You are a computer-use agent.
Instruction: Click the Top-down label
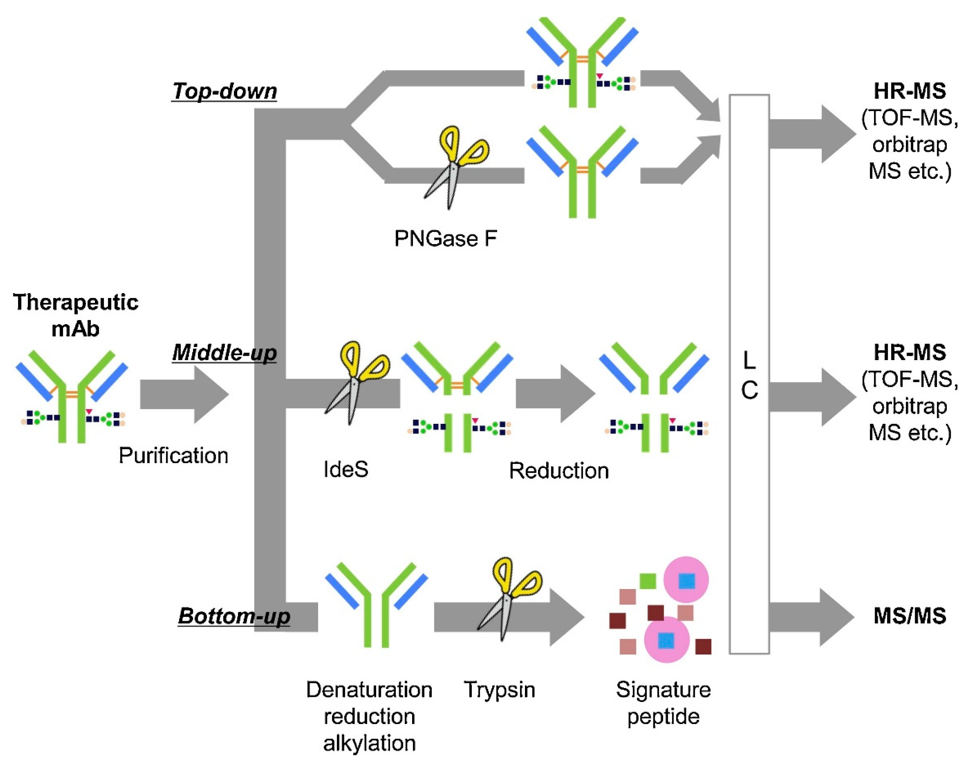(224, 91)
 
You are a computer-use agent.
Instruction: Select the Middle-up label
(224, 352)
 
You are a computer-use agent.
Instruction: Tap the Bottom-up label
(234, 616)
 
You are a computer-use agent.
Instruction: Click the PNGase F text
(445, 238)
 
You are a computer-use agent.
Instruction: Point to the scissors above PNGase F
(455, 167)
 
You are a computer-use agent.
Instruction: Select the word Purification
(173, 455)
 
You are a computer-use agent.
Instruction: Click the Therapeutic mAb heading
(75, 315)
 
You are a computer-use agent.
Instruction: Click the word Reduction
(559, 471)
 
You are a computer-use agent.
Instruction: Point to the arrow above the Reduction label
(555, 394)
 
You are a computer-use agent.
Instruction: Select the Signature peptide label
(663, 703)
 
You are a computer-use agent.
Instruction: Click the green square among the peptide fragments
(648, 581)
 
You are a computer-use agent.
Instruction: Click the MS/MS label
(910, 616)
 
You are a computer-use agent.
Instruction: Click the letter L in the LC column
(749, 360)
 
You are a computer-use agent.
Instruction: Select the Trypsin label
(499, 690)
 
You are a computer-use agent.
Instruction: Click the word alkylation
(369, 743)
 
